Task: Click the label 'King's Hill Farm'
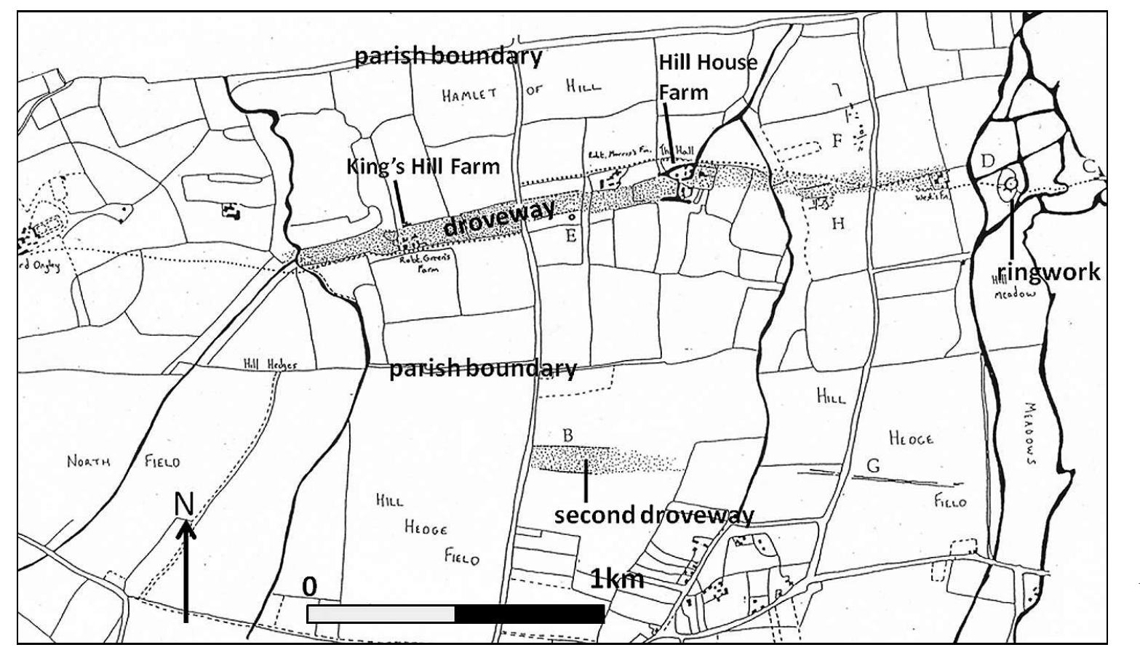(423, 166)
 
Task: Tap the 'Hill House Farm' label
(707, 77)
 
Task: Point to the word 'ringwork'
(1048, 273)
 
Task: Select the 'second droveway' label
(654, 515)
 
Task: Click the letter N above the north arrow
(184, 504)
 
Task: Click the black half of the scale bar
(529, 614)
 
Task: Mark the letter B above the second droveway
(568, 435)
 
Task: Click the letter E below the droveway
(571, 235)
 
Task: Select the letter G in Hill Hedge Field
(873, 466)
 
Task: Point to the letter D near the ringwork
(987, 160)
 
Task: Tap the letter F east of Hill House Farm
(837, 140)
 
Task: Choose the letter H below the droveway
(838, 223)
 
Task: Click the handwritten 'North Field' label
(123, 461)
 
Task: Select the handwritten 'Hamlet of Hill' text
(522, 92)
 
